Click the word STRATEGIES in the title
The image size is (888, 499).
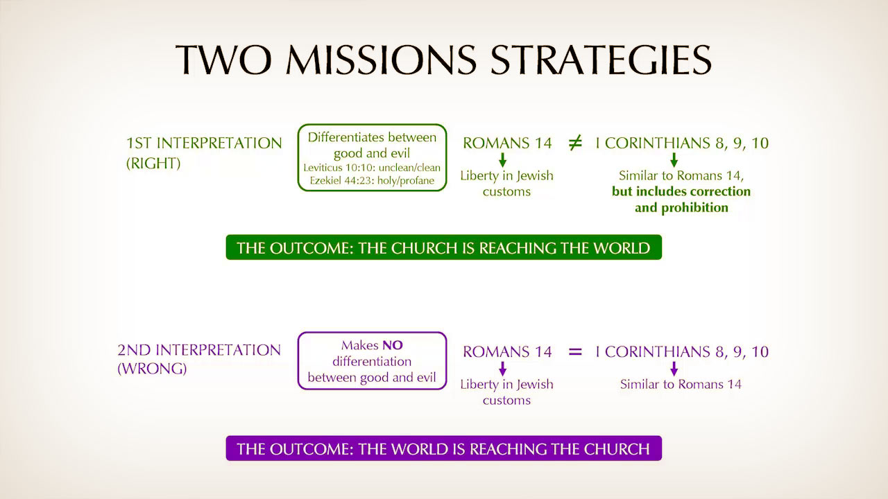click(601, 60)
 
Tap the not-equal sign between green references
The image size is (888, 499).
click(575, 143)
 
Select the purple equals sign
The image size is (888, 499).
click(575, 351)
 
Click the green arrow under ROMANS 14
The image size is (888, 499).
click(503, 159)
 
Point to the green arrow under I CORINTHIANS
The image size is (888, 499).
click(674, 159)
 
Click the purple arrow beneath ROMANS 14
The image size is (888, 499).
click(503, 368)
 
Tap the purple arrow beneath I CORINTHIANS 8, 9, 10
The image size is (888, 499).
click(674, 368)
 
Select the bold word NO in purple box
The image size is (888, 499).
click(393, 345)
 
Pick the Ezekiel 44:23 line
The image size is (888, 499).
click(372, 181)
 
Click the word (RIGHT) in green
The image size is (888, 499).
click(153, 163)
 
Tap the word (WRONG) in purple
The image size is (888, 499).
click(152, 369)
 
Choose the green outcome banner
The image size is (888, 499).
click(443, 247)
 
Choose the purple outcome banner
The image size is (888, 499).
click(443, 448)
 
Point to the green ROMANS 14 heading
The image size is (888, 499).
click(507, 143)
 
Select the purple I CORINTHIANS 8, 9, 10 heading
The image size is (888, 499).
click(682, 351)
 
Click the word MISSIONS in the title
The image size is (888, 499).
click(381, 60)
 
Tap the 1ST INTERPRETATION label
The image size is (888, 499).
click(204, 143)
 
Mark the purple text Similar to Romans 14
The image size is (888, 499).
click(681, 384)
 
